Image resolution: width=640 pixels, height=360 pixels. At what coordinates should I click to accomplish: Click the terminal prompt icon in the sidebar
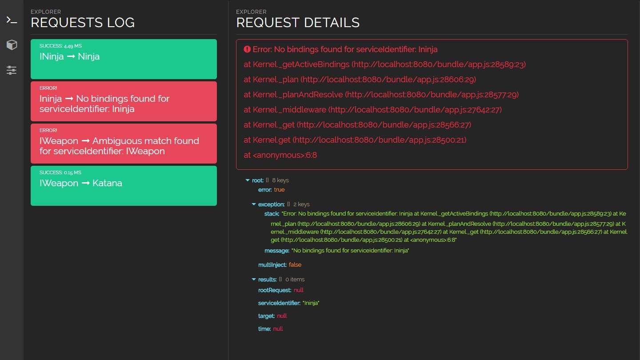coord(12,20)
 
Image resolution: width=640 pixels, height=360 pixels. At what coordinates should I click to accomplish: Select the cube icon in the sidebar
coord(12,45)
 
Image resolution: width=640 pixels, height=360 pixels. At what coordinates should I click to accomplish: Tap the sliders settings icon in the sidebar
coord(12,70)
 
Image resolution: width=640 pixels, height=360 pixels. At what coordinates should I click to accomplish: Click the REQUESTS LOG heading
coord(83,23)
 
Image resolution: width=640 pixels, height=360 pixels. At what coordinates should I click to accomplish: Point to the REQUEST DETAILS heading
coord(298,23)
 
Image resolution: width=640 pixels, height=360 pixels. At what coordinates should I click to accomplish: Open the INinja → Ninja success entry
coord(124,59)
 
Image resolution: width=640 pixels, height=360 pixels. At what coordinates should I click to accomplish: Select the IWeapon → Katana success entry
coord(124,186)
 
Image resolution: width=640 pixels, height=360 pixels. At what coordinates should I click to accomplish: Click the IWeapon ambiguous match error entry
coord(124,144)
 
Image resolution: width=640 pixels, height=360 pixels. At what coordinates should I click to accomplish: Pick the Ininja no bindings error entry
coord(124,101)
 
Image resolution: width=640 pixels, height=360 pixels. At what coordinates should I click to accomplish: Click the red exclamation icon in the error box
coord(247,49)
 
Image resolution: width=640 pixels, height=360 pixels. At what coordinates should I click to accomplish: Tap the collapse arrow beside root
coord(248,180)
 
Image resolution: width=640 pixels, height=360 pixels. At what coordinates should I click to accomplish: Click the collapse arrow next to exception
coord(254,204)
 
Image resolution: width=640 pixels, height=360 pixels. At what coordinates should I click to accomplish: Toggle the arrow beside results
coord(254,280)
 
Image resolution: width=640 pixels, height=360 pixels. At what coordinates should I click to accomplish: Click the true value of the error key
coord(279,190)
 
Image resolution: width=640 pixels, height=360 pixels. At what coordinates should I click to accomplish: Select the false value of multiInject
coord(295,265)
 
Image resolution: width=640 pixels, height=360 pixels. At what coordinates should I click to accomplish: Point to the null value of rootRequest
coord(299,290)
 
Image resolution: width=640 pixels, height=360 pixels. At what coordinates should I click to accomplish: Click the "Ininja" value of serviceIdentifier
coord(311,303)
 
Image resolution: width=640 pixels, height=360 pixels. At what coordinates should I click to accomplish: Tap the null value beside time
coord(278,329)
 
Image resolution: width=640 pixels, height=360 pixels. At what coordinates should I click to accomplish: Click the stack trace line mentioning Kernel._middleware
coord(372,110)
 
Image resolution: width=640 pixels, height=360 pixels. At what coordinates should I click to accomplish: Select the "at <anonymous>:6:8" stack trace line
coord(280,155)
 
